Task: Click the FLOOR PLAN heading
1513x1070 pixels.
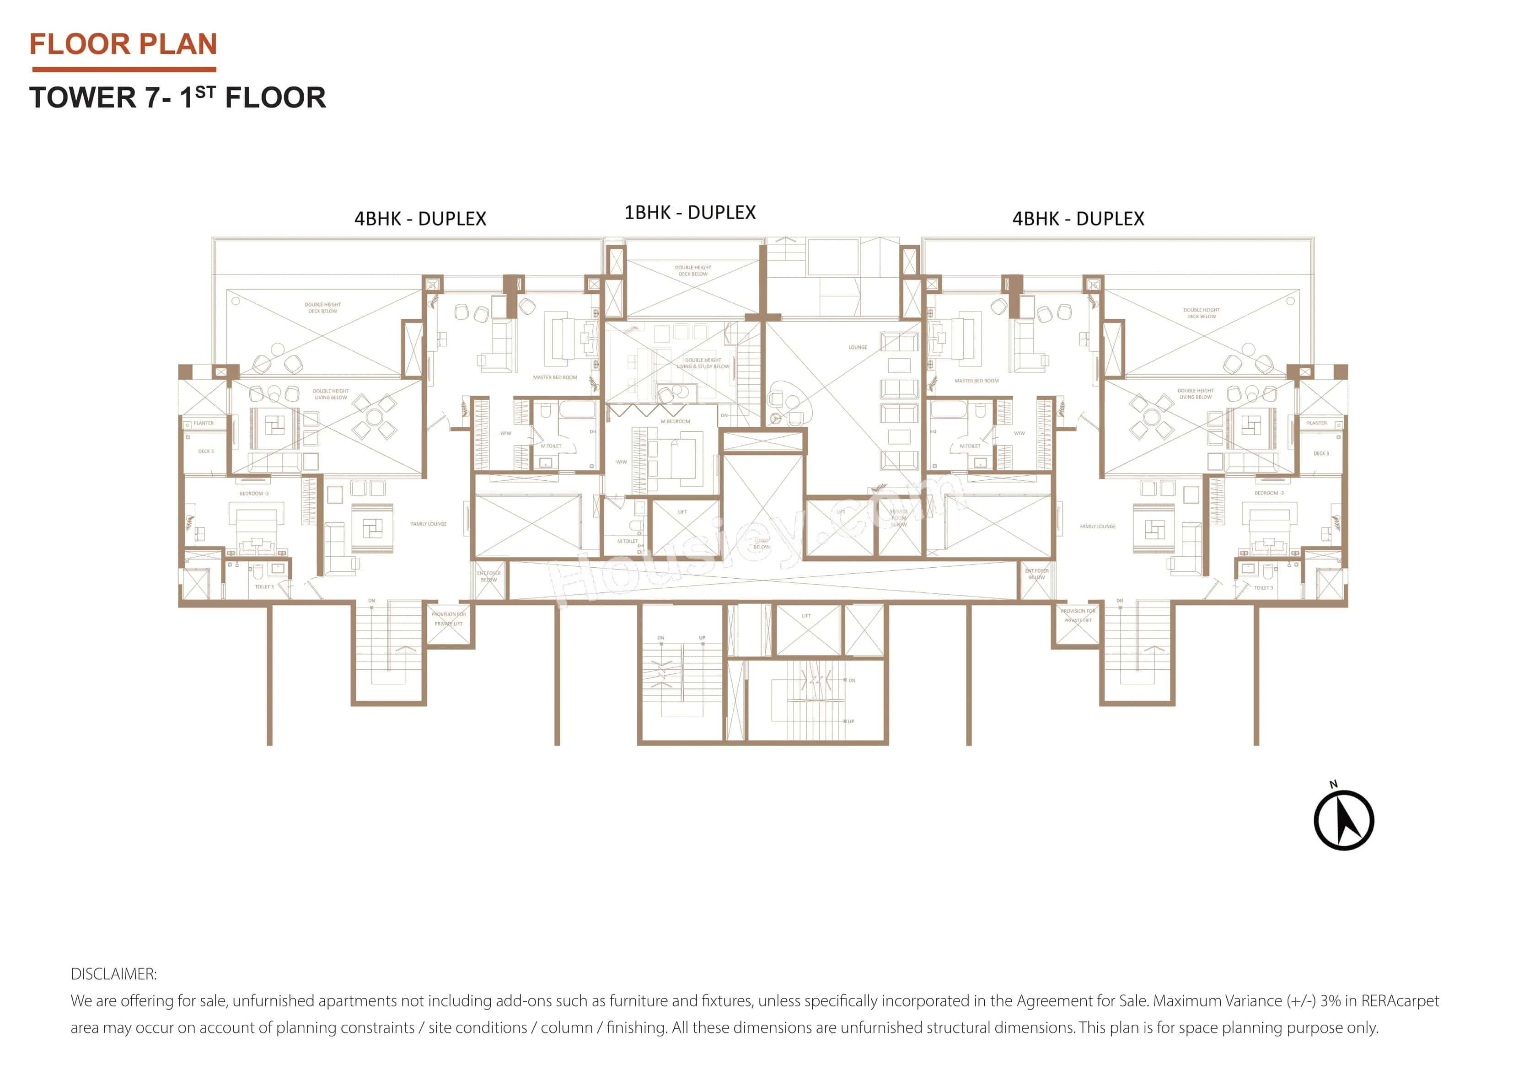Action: coord(123,44)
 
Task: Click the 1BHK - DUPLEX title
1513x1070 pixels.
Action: coord(689,212)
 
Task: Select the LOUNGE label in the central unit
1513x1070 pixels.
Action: coord(857,347)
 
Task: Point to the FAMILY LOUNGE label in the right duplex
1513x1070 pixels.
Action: coord(1097,527)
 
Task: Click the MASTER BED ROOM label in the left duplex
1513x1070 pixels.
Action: coord(555,378)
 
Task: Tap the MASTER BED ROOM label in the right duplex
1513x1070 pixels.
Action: coord(976,381)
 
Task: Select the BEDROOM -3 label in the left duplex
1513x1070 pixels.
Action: coord(254,494)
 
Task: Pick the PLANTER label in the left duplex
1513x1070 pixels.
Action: coord(204,423)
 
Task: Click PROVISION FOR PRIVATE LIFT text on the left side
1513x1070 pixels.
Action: coord(448,618)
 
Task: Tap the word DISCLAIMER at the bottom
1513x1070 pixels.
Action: coord(113,974)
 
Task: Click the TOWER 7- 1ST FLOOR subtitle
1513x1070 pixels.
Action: coord(177,97)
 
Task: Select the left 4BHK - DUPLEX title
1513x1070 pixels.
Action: coord(420,219)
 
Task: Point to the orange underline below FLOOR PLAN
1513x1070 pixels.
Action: coord(124,69)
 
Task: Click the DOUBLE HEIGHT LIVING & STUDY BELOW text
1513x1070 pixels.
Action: coord(703,363)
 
